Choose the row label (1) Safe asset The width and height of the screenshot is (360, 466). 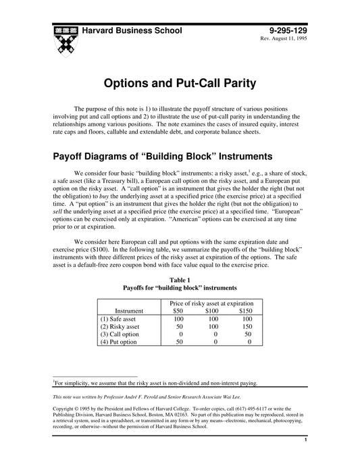(x=118, y=319)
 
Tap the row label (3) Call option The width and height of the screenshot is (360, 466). (x=120, y=334)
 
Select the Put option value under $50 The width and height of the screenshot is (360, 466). (x=178, y=342)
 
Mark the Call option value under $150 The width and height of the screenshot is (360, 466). (x=248, y=334)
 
